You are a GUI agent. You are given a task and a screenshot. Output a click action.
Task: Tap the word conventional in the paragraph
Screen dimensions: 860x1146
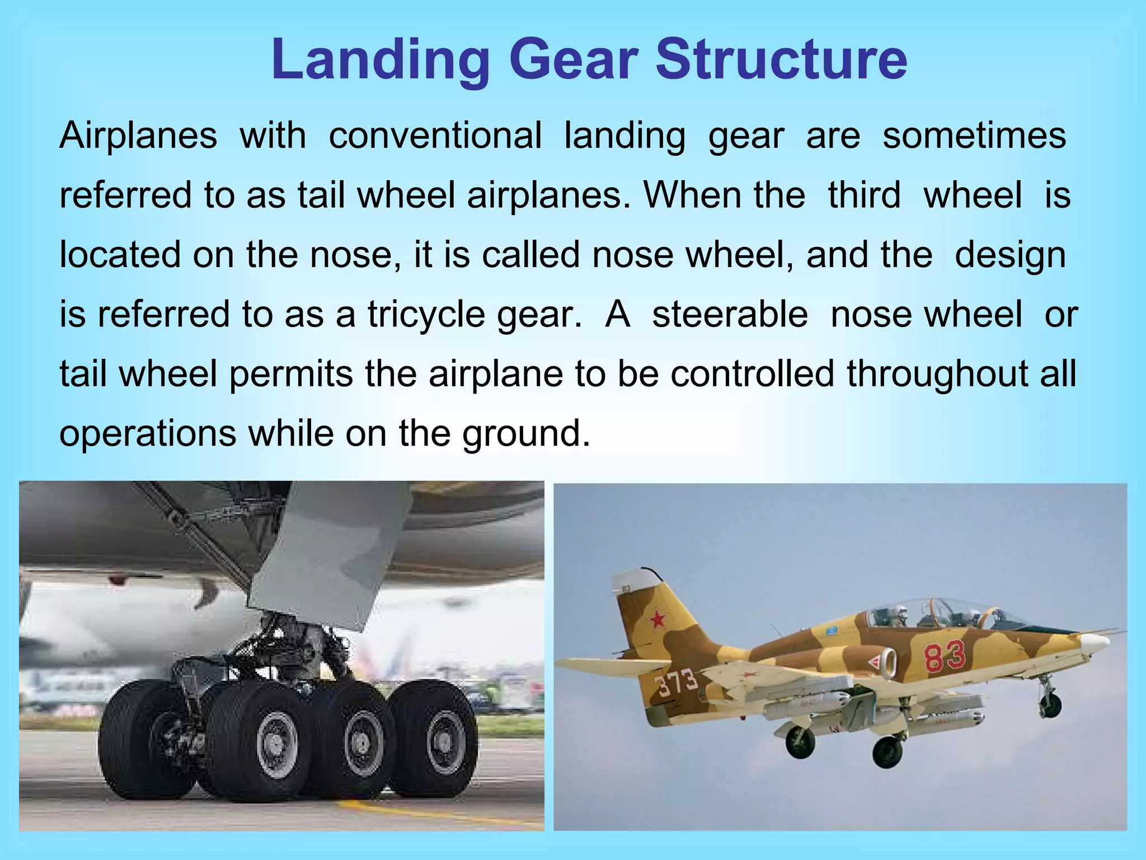point(435,135)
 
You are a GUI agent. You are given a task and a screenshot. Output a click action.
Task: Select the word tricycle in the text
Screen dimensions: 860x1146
point(426,314)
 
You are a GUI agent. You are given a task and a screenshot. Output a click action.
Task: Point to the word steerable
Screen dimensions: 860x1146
point(730,314)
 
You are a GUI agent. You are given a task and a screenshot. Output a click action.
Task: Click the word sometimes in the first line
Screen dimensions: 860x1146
point(974,135)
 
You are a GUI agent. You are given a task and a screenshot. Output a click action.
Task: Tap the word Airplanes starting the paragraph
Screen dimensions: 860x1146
point(138,135)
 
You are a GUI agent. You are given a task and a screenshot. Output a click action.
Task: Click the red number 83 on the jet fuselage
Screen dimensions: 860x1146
point(945,656)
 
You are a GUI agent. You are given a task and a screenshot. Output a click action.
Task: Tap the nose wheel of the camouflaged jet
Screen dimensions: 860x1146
point(1051,705)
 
